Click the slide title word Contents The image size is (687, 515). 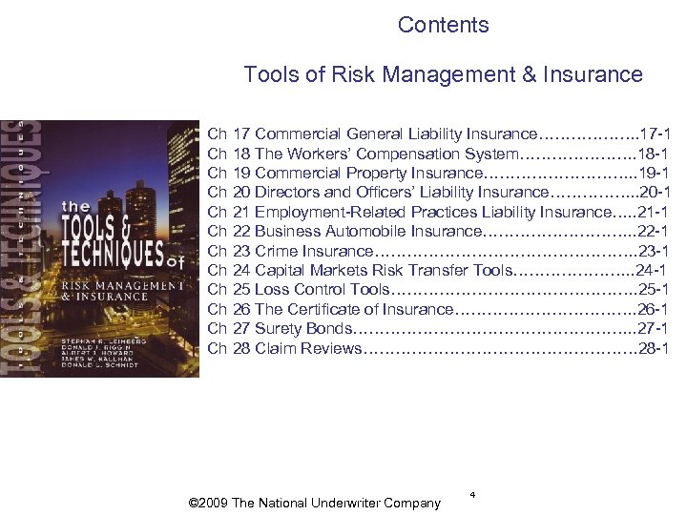pos(443,25)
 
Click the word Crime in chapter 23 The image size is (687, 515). pos(277,251)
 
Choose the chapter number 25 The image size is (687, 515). pos(241,290)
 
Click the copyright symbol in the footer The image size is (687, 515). pos(195,504)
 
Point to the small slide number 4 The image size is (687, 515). pos(472,494)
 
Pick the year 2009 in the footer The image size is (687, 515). pos(215,504)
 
